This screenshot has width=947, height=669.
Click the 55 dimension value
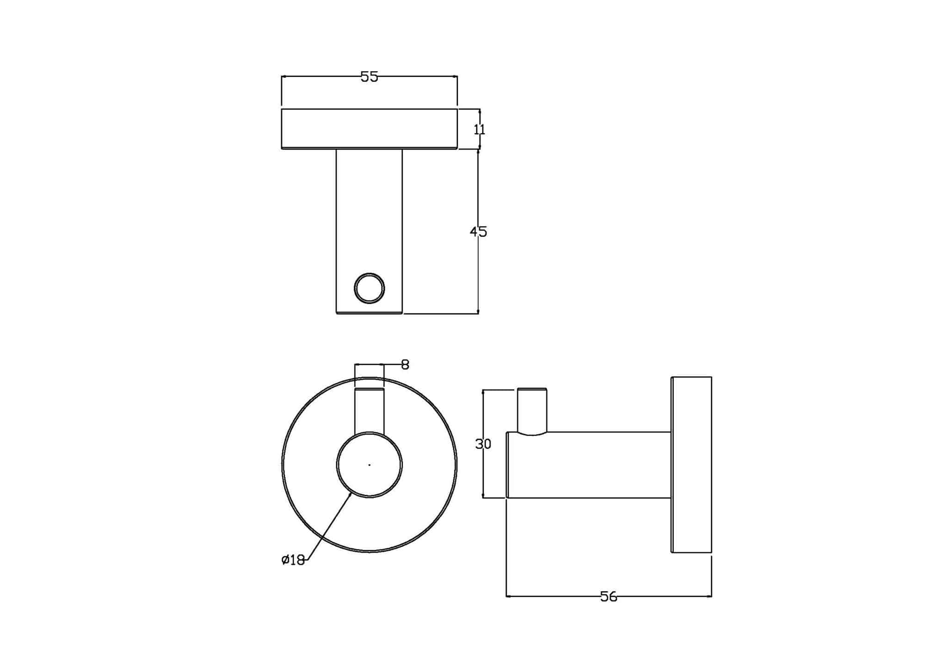369,77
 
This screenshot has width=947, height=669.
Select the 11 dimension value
480,129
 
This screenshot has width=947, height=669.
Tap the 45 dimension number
479,232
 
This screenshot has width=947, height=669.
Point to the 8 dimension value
405,365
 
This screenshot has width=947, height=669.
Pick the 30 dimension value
483,444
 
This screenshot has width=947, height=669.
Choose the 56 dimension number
609,597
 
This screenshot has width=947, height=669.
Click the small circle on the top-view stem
369,288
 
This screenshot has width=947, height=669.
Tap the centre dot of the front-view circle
369,465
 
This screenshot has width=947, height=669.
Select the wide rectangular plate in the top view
369,129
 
